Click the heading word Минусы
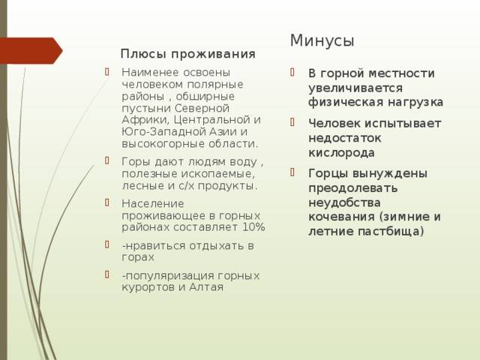[322, 40]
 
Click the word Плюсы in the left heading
[143, 54]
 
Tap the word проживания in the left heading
[213, 55]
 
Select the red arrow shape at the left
[31, 50]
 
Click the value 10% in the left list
[253, 227]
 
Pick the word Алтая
[206, 287]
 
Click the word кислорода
[341, 153]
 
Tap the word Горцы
[328, 173]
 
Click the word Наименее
[150, 72]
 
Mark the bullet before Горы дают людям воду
[106, 160]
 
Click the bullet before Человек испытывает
[292, 122]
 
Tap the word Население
[153, 203]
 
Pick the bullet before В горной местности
[292, 72]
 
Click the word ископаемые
[218, 174]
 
